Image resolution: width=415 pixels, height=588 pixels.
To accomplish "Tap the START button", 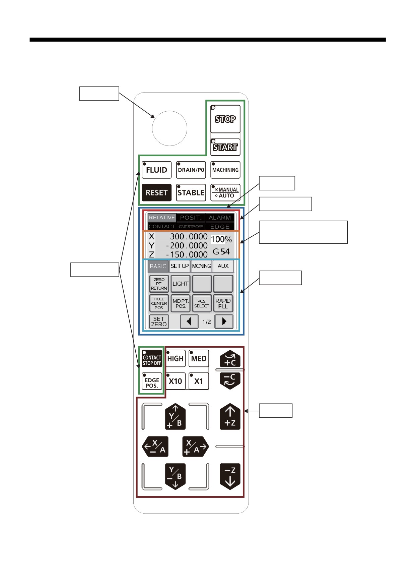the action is [x=225, y=147].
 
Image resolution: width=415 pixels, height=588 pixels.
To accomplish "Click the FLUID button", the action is [x=157, y=170].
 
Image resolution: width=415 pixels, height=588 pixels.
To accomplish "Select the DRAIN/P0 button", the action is [x=191, y=170].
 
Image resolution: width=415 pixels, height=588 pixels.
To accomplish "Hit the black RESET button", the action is [x=157, y=193].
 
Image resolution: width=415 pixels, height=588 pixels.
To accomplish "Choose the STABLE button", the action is [x=191, y=193].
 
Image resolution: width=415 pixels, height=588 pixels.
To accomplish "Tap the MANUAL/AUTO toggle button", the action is [x=225, y=193].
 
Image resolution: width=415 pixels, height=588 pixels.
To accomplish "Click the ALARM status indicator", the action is [x=220, y=218].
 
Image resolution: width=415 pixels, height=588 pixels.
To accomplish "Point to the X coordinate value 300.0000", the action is [x=189, y=237].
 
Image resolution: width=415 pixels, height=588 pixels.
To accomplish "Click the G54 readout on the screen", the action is [x=221, y=252].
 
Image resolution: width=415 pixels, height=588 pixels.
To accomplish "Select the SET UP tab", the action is [x=180, y=266].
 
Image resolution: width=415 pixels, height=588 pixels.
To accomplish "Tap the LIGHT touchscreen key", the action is [x=181, y=284].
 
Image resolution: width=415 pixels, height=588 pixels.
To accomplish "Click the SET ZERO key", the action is [x=159, y=322].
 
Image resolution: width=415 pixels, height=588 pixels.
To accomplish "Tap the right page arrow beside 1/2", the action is [x=224, y=322].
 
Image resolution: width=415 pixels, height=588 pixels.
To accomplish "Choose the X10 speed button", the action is [x=176, y=381].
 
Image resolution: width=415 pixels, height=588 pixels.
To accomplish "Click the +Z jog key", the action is [x=230, y=417].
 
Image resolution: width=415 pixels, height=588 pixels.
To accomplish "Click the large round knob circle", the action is [x=169, y=128].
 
